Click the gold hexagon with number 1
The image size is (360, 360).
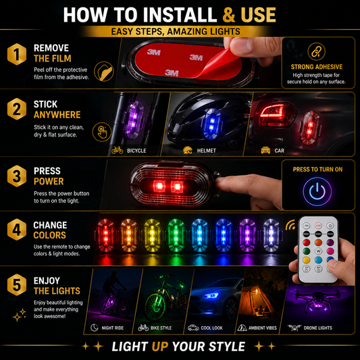[17, 54]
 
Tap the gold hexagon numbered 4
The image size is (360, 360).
[17, 230]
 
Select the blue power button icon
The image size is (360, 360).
[317, 191]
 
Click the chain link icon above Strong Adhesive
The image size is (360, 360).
[316, 51]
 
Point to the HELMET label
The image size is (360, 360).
[207, 151]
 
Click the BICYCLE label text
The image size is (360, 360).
[136, 151]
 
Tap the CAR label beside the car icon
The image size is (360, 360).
[279, 151]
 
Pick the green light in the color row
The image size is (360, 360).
[176, 235]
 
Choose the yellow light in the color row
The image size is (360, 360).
[152, 235]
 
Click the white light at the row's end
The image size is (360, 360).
[271, 235]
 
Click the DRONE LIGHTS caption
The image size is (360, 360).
[317, 328]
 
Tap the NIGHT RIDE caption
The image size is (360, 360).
[113, 328]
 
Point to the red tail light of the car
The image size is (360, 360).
[278, 115]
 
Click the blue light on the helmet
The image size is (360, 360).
[211, 124]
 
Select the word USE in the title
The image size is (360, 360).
[258, 15]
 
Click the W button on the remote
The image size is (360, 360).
[318, 251]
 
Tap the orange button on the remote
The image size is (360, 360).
[318, 242]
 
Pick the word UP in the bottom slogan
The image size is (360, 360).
[160, 346]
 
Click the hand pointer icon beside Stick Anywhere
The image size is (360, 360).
[102, 132]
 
